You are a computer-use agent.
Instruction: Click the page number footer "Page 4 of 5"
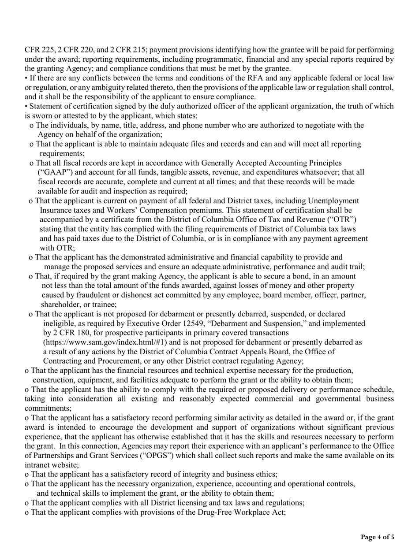pyautogui.click(x=378, y=537)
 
